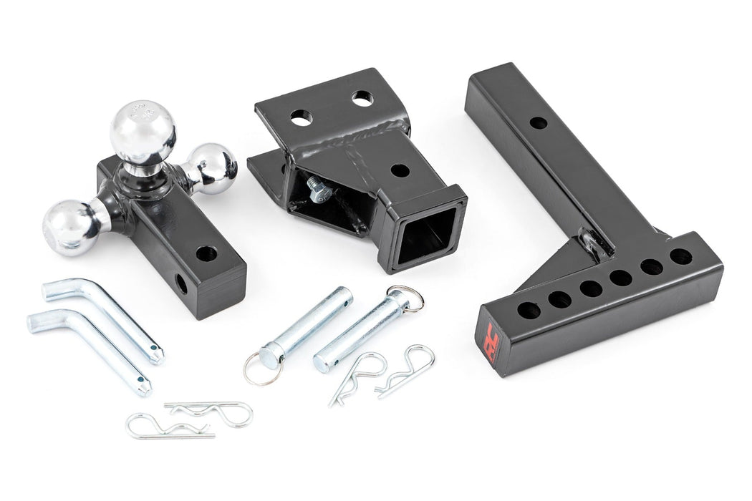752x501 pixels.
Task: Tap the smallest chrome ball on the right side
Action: [x=213, y=168]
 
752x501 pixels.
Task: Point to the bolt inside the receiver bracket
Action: [x=316, y=189]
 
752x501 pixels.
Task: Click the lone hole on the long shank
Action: [x=539, y=122]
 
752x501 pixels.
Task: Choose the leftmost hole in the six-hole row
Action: [x=529, y=311]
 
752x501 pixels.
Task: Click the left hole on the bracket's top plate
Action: [x=302, y=115]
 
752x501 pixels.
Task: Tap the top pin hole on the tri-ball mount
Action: [x=206, y=253]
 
